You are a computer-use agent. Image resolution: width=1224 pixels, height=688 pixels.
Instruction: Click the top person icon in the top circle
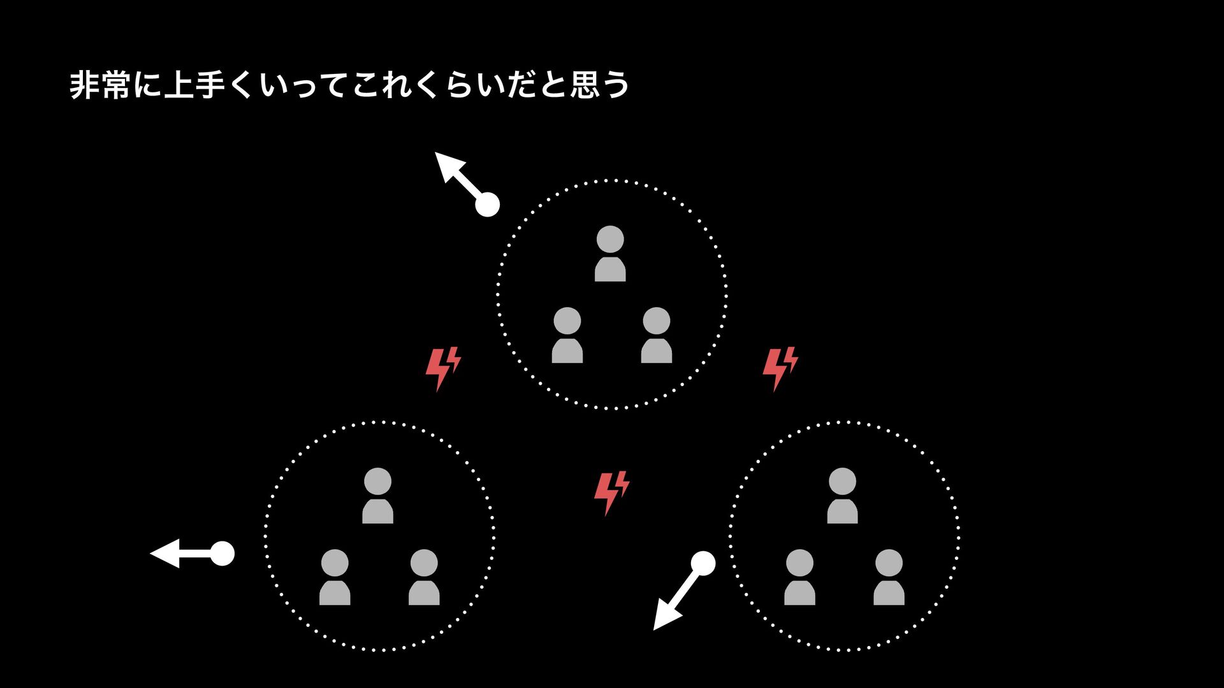tap(610, 254)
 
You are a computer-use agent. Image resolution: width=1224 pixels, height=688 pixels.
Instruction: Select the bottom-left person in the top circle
tap(567, 335)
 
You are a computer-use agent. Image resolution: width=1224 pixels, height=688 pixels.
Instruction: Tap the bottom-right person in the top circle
tap(656, 335)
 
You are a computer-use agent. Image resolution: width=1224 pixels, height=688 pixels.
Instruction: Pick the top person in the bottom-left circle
tap(377, 496)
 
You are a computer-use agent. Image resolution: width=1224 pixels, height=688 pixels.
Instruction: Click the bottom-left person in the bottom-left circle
tap(335, 577)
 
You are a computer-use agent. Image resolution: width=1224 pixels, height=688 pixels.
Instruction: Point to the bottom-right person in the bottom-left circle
tap(424, 577)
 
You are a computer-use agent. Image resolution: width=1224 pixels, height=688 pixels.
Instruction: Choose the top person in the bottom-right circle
tap(842, 496)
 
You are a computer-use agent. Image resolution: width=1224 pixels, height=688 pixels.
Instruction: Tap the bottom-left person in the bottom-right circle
tap(799, 577)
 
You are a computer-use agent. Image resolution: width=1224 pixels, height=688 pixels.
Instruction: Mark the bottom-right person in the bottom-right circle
tap(889, 577)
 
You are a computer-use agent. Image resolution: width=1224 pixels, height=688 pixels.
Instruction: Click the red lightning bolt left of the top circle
tap(442, 368)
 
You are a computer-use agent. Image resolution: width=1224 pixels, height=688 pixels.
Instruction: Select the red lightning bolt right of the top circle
tap(780, 368)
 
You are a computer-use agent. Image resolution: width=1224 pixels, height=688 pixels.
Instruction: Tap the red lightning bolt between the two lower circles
tap(611, 492)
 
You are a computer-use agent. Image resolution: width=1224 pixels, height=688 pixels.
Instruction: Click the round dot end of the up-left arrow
tap(487, 204)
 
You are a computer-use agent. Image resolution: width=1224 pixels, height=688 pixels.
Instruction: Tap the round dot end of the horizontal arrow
tap(222, 553)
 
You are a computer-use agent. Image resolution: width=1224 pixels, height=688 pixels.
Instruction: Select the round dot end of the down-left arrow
tap(703, 564)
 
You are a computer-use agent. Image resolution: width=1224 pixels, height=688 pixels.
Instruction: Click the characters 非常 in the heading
tap(100, 85)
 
